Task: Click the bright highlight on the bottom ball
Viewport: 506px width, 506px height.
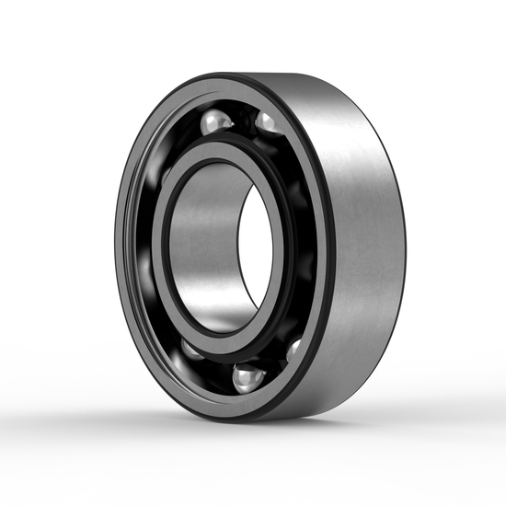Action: [243, 373]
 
